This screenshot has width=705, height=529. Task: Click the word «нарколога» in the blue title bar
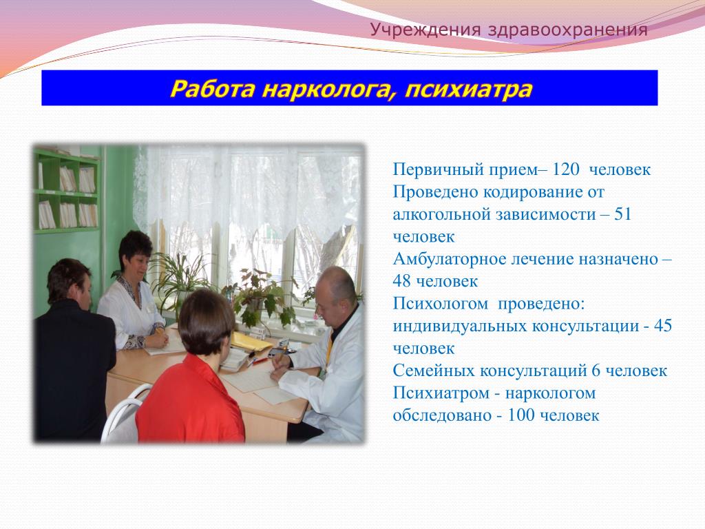pyautogui.click(x=326, y=89)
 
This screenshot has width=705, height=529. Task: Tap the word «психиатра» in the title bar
pyautogui.click(x=468, y=89)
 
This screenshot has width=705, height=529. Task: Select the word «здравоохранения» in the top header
pyautogui.click(x=567, y=30)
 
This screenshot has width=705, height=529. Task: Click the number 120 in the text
pyautogui.click(x=566, y=169)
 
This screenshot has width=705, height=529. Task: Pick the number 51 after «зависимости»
pyautogui.click(x=622, y=214)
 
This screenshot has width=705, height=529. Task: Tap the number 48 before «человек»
pyautogui.click(x=401, y=281)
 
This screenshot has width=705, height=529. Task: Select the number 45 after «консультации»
pyautogui.click(x=663, y=326)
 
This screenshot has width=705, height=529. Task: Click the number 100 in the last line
pyautogui.click(x=521, y=415)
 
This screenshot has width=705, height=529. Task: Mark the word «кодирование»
pyautogui.click(x=533, y=193)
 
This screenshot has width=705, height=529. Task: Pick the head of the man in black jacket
pyautogui.click(x=68, y=282)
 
